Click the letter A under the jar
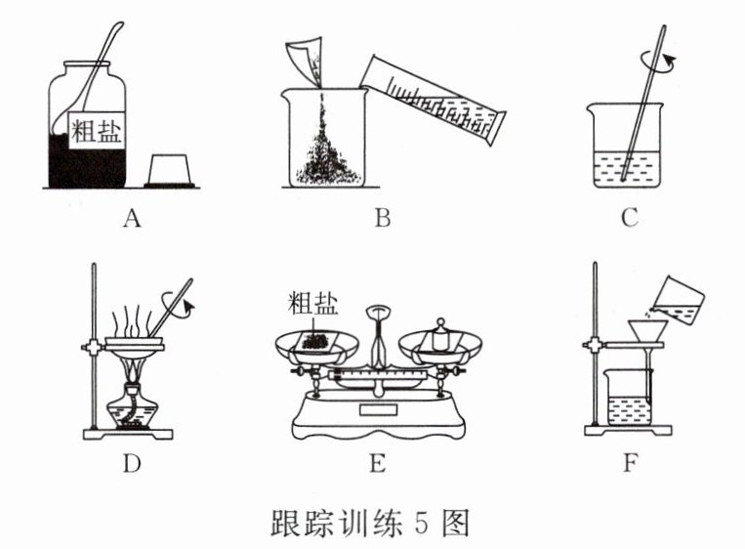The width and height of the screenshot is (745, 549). (133, 218)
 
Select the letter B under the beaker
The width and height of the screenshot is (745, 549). (382, 218)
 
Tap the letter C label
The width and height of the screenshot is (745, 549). (629, 218)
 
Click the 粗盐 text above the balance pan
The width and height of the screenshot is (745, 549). (312, 304)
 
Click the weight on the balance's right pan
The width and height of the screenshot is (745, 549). (440, 337)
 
